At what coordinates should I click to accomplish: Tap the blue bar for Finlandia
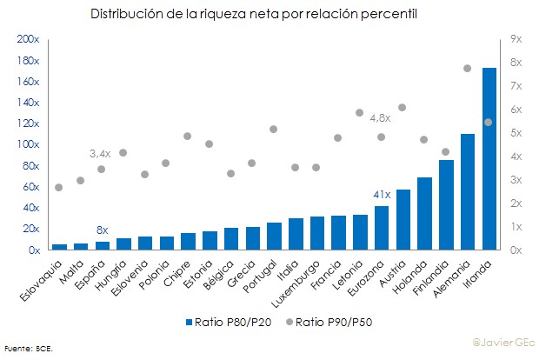446,205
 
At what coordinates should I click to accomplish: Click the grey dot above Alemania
467,68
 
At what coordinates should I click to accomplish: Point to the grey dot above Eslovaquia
59,187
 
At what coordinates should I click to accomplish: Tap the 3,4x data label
100,153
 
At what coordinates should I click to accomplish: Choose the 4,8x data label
380,117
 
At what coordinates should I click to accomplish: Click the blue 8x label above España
102,230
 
